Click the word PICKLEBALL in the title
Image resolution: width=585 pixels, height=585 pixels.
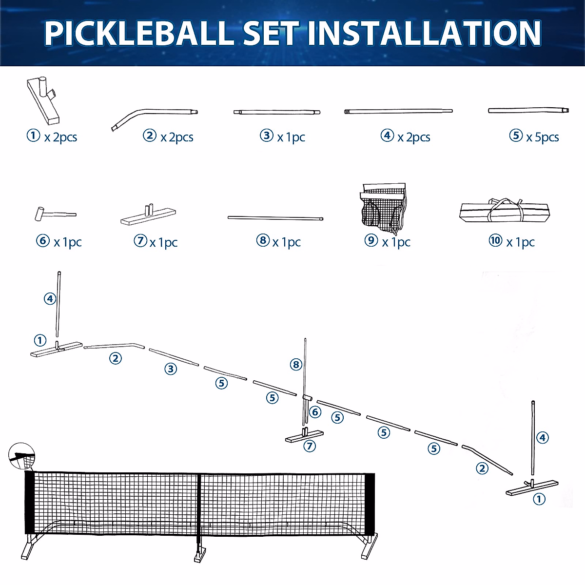coord(138,33)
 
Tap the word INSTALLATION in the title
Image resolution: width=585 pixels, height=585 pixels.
coord(424,33)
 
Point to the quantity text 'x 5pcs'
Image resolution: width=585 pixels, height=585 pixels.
coord(542,137)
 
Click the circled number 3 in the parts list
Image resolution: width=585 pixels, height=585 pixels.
coord(267,136)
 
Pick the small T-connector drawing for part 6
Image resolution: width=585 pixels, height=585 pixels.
coord(54,214)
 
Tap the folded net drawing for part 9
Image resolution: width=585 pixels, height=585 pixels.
coord(384,208)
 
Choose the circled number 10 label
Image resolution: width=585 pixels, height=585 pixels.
coord(495,240)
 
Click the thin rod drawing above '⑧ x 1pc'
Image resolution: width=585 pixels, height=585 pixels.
coord(275,218)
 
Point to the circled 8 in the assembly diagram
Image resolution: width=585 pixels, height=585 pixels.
coord(296,364)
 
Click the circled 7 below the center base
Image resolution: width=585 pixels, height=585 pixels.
coord(310,446)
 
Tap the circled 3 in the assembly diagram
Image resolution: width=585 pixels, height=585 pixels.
coord(170,369)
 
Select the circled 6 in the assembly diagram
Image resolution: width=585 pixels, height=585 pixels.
coord(315,412)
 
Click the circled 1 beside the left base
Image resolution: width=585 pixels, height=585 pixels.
coord(40,340)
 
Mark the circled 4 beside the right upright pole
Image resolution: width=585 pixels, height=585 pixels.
coord(543,437)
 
